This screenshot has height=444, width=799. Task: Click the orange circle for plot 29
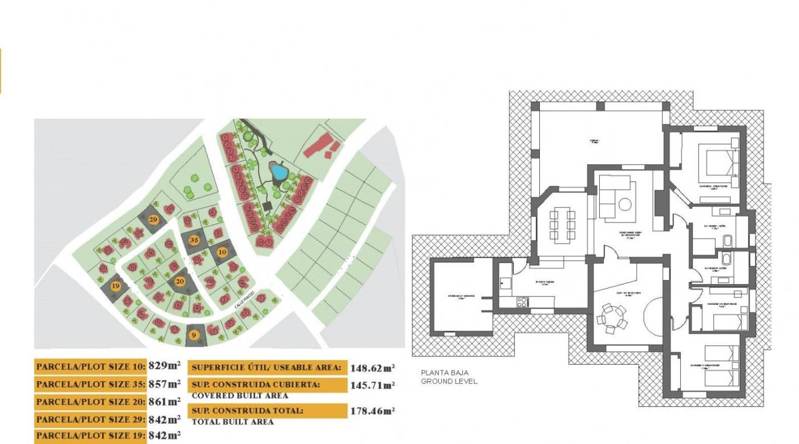pos(154,220)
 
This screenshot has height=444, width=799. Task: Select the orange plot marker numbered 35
pos(194,241)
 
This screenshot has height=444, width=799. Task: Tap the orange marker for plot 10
pos(222,252)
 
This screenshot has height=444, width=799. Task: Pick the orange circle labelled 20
pos(180,281)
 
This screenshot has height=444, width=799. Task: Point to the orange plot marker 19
pos(115,286)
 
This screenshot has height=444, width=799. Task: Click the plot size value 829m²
pos(165,366)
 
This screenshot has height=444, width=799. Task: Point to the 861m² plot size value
pos(165,401)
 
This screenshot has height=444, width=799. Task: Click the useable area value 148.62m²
pos(372,367)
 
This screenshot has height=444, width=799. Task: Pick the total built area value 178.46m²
pos(372,411)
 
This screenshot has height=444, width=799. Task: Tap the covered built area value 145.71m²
pos(372,385)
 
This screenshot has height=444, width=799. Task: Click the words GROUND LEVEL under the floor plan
pos(449,381)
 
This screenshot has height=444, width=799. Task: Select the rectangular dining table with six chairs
pos(563,225)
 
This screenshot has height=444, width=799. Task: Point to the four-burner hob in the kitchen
pos(523,302)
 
